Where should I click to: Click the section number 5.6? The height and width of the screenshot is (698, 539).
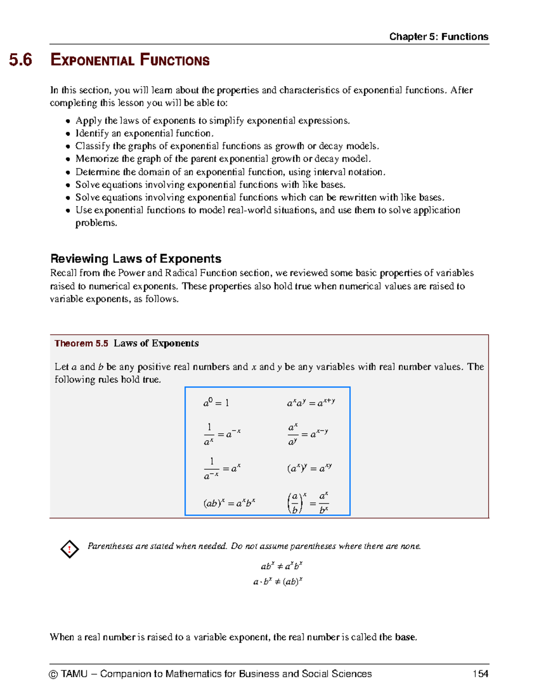point(21,60)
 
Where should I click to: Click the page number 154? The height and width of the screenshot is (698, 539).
point(480,674)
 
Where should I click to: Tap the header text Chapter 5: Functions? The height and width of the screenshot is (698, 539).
point(438,36)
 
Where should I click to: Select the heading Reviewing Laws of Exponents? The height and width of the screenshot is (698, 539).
point(136,258)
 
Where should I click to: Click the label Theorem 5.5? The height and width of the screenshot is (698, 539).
point(81,343)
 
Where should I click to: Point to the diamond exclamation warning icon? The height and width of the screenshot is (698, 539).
point(70,549)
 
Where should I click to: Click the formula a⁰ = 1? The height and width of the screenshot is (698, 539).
point(216,403)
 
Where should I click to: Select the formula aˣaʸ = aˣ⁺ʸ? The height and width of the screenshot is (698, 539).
point(311,403)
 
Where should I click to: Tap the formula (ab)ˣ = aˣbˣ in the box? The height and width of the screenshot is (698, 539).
point(229,503)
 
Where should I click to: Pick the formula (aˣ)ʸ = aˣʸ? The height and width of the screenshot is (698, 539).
point(309,468)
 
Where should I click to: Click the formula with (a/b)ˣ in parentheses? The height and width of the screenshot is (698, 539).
point(308,503)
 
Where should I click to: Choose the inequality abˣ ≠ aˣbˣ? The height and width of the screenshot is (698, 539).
point(282,566)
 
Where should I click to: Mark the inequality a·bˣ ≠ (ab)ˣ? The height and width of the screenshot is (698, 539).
point(278,582)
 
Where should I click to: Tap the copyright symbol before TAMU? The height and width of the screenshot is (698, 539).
point(53,674)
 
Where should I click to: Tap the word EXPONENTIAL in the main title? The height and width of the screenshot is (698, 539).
point(92,60)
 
